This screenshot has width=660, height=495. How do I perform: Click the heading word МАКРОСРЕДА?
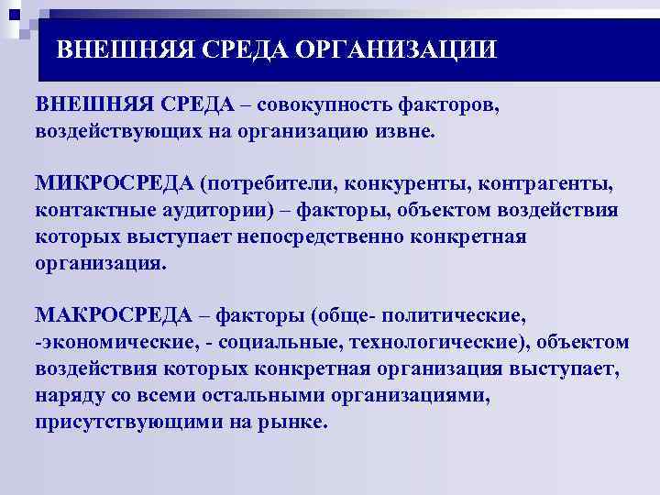tap(113, 316)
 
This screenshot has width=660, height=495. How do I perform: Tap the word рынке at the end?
tap(297, 423)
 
